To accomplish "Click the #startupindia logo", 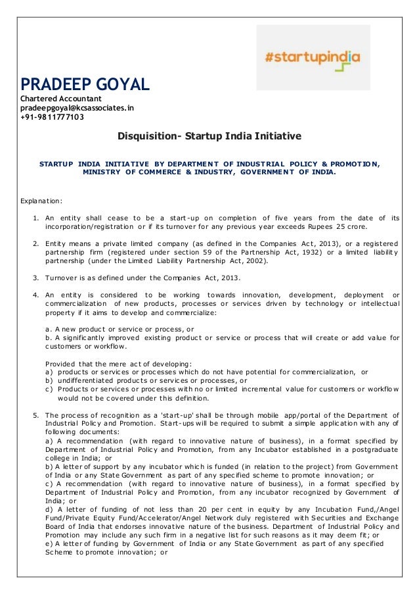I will point(313,57).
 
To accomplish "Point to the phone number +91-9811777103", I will point(52,118).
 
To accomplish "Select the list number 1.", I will point(35,218).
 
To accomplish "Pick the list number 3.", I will point(35,278).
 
